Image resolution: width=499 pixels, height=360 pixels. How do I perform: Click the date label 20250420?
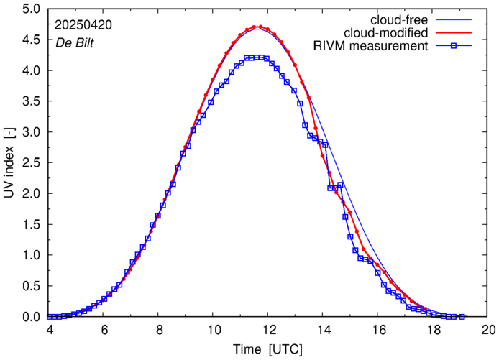click(83, 24)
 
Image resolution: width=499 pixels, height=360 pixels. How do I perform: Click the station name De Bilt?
click(75, 42)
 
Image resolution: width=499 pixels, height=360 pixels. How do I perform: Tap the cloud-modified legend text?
click(387, 33)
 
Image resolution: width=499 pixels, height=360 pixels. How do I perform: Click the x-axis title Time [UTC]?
click(267, 349)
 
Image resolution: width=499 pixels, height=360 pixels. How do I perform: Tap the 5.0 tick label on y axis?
click(32, 9)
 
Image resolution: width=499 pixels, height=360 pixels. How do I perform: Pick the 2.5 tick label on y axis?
click(32, 163)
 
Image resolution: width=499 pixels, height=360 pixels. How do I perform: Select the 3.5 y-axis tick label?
click(32, 102)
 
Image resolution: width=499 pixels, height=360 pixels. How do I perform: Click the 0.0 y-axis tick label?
click(32, 317)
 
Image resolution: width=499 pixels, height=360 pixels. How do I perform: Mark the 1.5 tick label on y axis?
click(32, 225)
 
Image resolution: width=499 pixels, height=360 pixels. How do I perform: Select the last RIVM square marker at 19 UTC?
click(462, 317)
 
